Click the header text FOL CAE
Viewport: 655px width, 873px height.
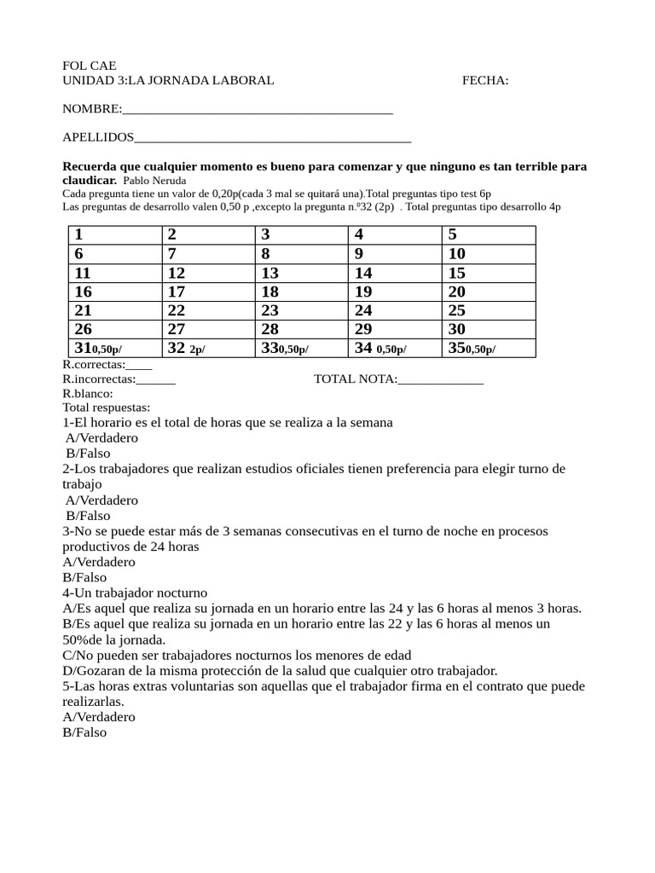90,66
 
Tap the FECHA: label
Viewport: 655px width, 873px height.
485,81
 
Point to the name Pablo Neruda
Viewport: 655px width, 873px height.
154,181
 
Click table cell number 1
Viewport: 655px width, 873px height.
114,235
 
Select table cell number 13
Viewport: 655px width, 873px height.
301,273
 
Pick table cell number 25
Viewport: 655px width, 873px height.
488,310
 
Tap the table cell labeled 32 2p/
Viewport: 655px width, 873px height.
207,348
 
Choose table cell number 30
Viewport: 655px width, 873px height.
488,329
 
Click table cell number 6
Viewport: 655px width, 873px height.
114,254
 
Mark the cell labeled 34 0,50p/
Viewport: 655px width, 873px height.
394,348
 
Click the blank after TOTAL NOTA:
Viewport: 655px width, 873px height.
440,379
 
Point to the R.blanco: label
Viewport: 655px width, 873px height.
88,394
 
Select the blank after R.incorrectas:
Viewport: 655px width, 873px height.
156,380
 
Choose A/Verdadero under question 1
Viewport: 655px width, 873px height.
101,438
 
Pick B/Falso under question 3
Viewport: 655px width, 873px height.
86,578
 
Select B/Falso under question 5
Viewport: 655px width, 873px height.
84,732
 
